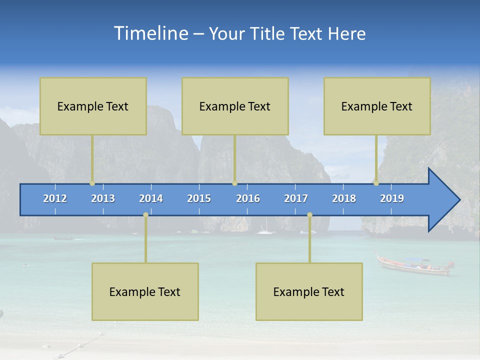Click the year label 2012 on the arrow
pyautogui.click(x=55, y=198)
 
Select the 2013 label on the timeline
pyautogui.click(x=103, y=198)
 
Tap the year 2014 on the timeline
pyautogui.click(x=151, y=198)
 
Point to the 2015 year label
pyautogui.click(x=199, y=198)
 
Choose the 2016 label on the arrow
pyautogui.click(x=248, y=198)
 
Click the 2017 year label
pyautogui.click(x=296, y=198)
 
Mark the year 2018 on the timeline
pyautogui.click(x=344, y=198)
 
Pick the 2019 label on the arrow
pyautogui.click(x=392, y=198)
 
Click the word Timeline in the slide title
pyautogui.click(x=150, y=33)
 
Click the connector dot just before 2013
pyautogui.click(x=92, y=183)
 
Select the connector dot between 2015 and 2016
pyautogui.click(x=234, y=183)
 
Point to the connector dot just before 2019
pyautogui.click(x=376, y=183)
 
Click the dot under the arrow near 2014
pyautogui.click(x=145, y=214)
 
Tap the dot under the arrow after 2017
pyautogui.click(x=309, y=214)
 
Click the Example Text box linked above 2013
pyautogui.click(x=93, y=106)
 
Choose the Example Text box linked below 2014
pyautogui.click(x=145, y=291)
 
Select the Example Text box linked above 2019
pyautogui.click(x=377, y=106)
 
